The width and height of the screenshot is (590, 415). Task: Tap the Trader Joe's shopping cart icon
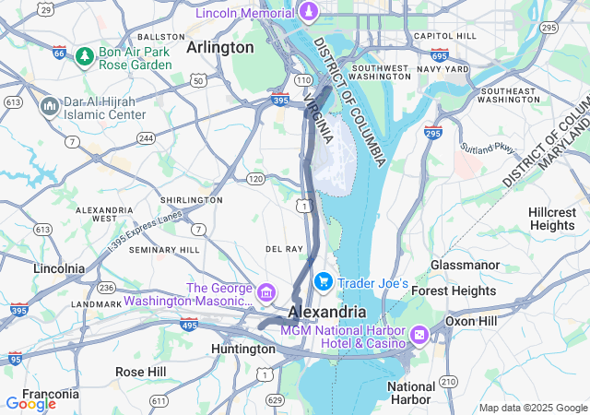pos(323,281)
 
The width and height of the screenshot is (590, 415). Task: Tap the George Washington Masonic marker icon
pos(266,293)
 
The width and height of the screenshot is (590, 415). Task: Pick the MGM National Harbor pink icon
pos(419,332)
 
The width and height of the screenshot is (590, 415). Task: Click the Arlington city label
pos(219,47)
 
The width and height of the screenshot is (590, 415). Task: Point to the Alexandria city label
pos(326,312)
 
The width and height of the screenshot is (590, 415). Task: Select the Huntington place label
pos(242,350)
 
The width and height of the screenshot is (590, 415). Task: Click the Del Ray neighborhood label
pos(284,249)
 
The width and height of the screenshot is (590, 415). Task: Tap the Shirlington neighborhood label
pos(191,199)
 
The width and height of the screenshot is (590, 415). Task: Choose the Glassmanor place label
pos(465,265)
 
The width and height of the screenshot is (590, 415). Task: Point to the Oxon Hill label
pos(475,320)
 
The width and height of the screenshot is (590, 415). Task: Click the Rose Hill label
pos(140,371)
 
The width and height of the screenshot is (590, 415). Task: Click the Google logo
pos(30,403)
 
